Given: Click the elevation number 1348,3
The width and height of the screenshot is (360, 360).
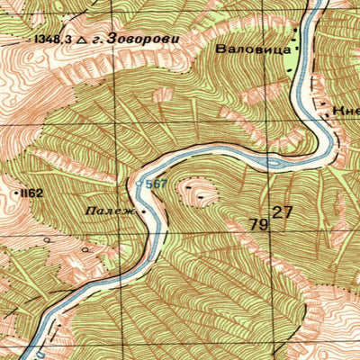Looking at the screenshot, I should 52,40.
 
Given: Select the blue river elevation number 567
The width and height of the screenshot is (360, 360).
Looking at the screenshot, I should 157,184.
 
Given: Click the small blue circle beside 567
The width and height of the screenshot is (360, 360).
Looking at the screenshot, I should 140,184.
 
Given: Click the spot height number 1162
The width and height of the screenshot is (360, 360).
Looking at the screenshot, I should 34,193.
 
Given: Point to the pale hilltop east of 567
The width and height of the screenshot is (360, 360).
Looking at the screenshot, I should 197,190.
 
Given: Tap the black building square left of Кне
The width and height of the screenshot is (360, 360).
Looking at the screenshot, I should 323,105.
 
